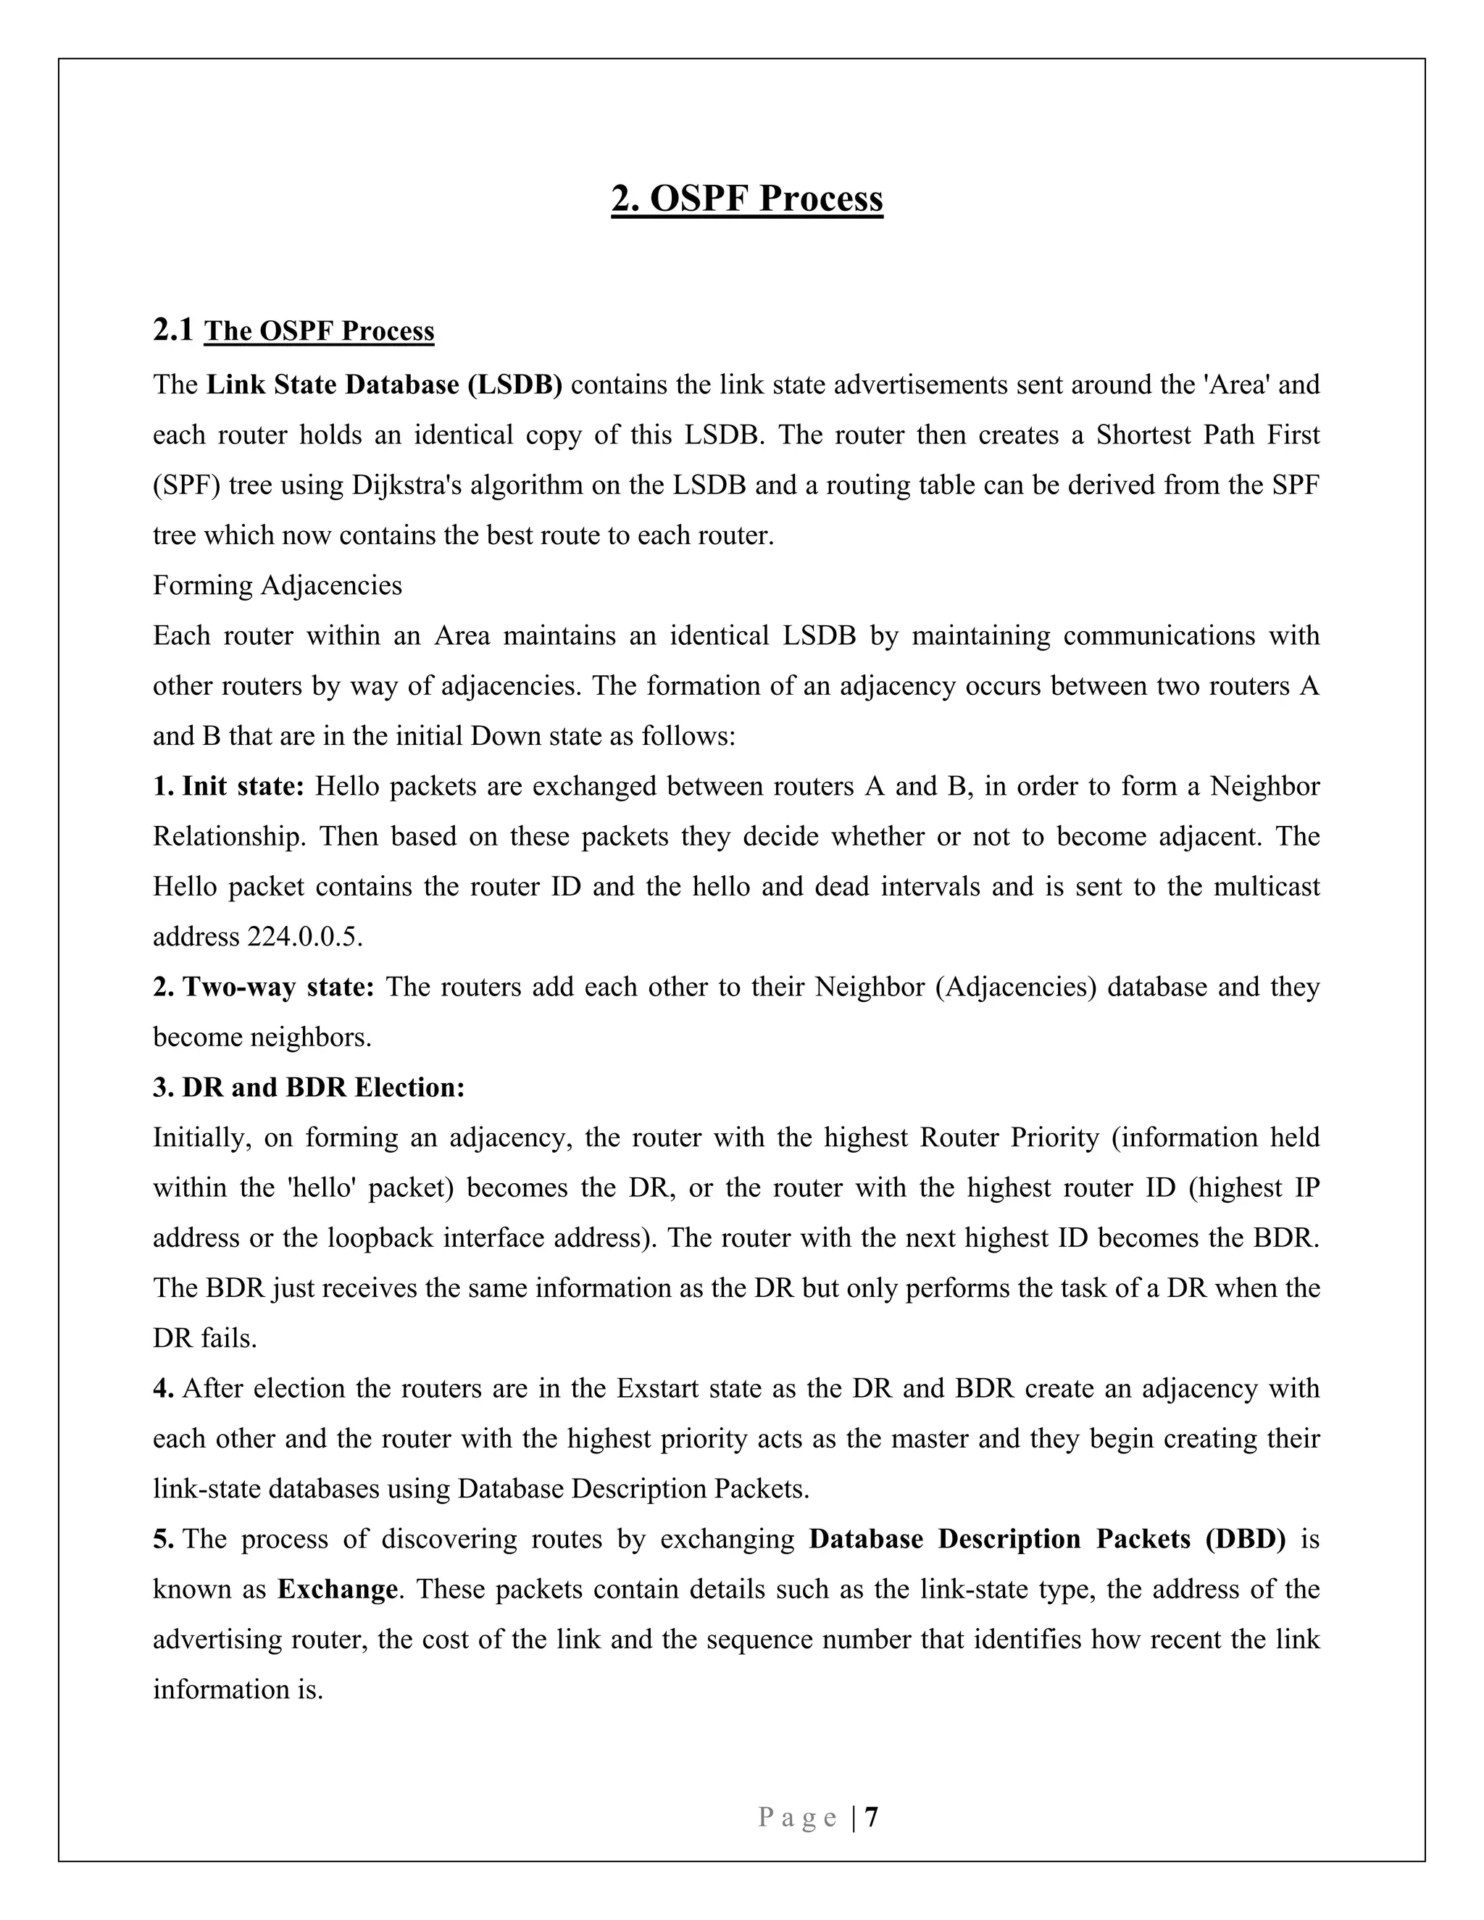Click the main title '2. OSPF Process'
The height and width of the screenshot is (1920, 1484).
pos(746,199)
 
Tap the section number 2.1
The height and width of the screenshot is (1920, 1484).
pos(172,330)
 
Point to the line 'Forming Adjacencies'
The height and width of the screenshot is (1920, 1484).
pos(277,585)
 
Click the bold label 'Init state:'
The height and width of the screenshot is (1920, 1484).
pos(243,786)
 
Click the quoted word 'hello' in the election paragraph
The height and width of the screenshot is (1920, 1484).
pos(321,1188)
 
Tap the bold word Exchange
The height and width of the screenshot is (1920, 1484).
pos(337,1590)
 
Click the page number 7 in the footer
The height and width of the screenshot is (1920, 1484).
pos(871,1817)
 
